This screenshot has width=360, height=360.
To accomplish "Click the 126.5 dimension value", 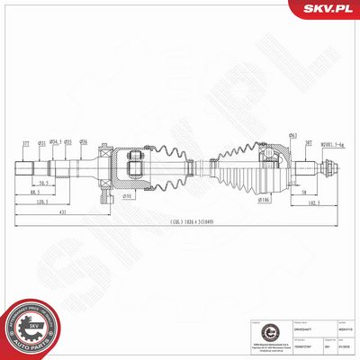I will click(42, 202).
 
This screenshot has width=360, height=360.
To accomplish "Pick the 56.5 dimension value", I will click(43, 183).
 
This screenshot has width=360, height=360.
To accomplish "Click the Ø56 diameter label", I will click(82, 141).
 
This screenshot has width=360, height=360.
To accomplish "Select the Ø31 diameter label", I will click(40, 141).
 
